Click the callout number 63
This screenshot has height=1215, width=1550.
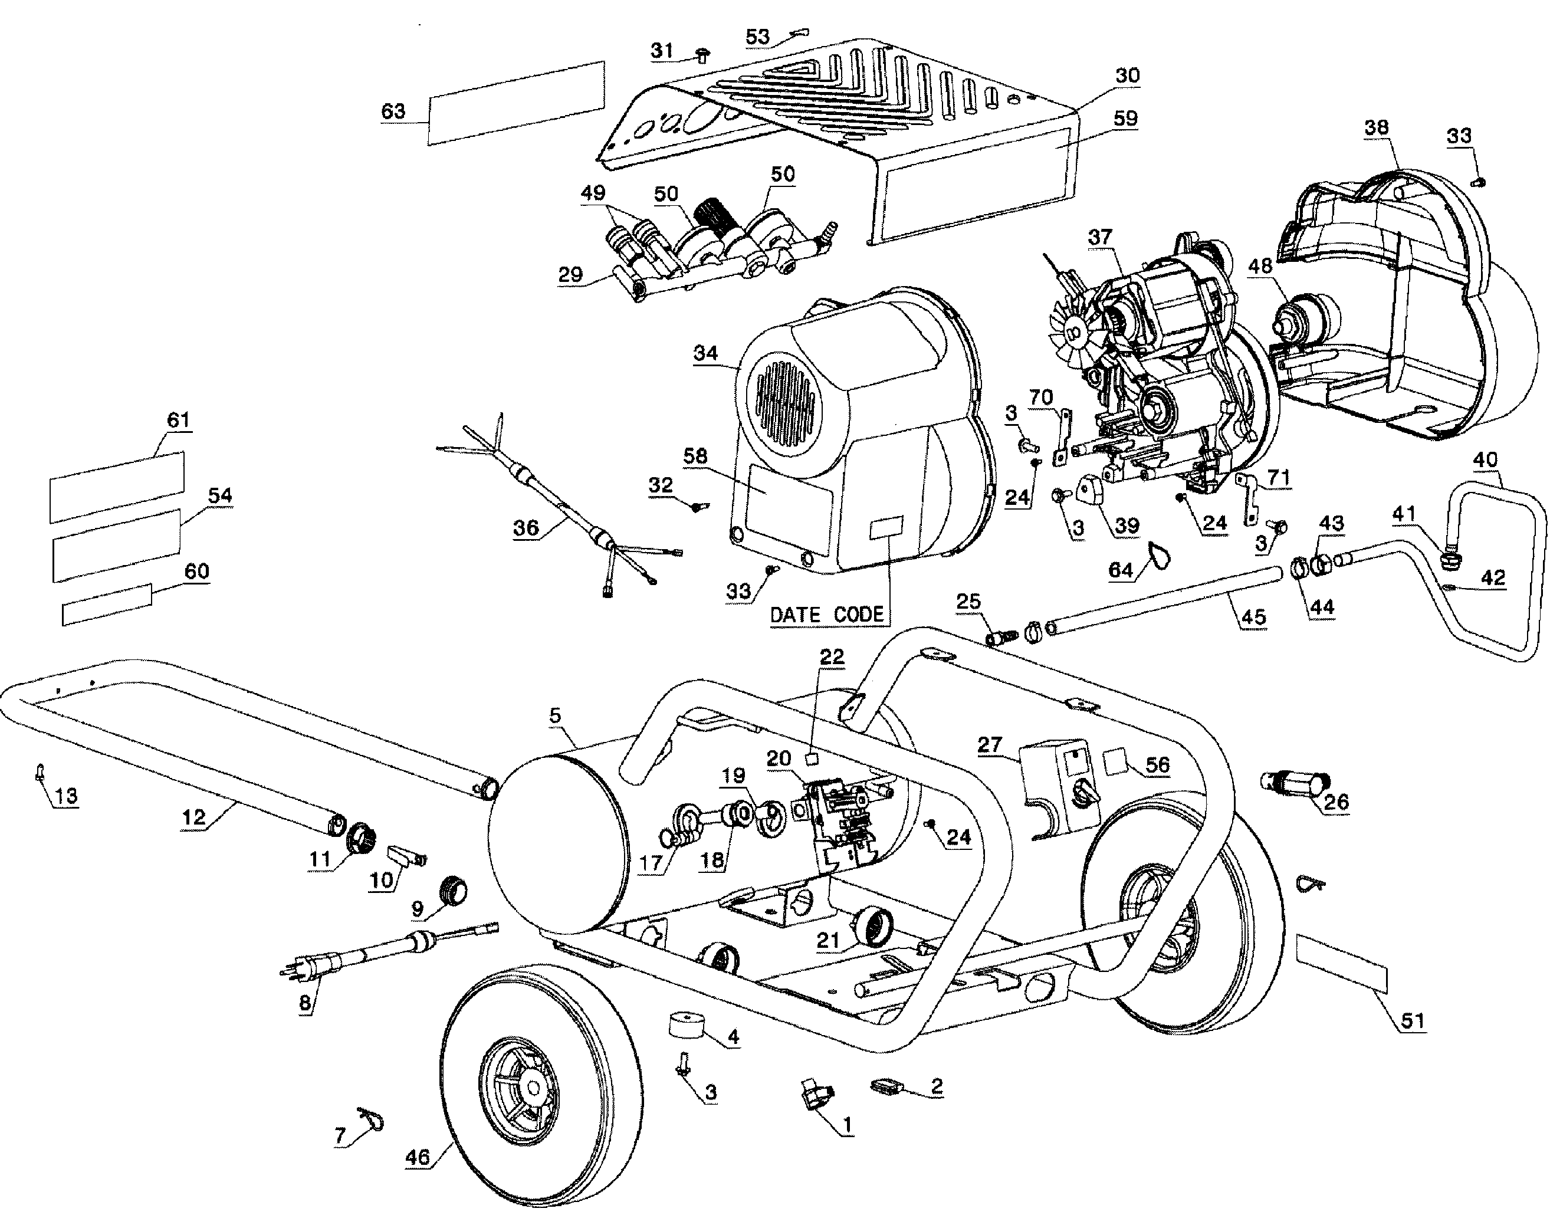coord(393,111)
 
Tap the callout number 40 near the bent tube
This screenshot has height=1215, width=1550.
coord(1485,460)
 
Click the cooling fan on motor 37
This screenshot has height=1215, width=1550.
coord(1072,331)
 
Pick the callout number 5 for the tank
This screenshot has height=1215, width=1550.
coord(555,715)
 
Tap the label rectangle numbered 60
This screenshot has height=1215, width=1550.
coord(107,605)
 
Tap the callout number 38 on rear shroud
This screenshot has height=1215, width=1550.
coord(1377,127)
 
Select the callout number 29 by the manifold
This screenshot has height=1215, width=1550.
coord(570,275)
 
